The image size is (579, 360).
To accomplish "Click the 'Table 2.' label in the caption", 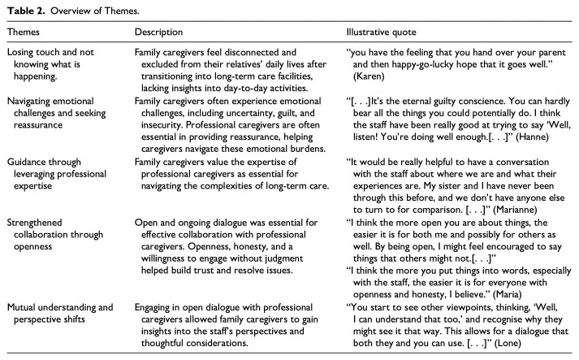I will (24, 9).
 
